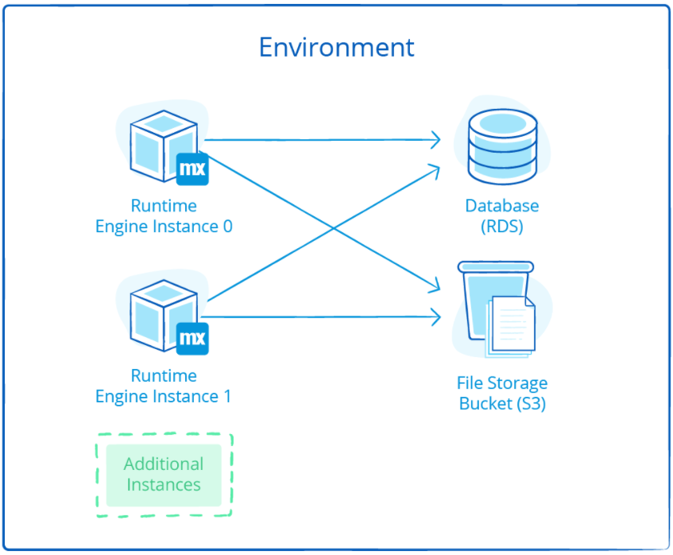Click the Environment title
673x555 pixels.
(x=337, y=47)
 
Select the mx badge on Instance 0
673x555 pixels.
(x=192, y=169)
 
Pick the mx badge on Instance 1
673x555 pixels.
(x=192, y=338)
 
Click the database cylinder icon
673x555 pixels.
(x=502, y=143)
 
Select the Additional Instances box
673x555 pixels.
(x=164, y=475)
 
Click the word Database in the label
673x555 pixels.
(x=502, y=206)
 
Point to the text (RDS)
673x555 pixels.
(x=502, y=227)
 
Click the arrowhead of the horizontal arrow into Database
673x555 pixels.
(x=435, y=140)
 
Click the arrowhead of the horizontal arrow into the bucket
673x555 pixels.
(x=435, y=317)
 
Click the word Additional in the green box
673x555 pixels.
(x=164, y=464)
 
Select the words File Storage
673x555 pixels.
(x=502, y=383)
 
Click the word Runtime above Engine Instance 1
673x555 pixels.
(x=164, y=375)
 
